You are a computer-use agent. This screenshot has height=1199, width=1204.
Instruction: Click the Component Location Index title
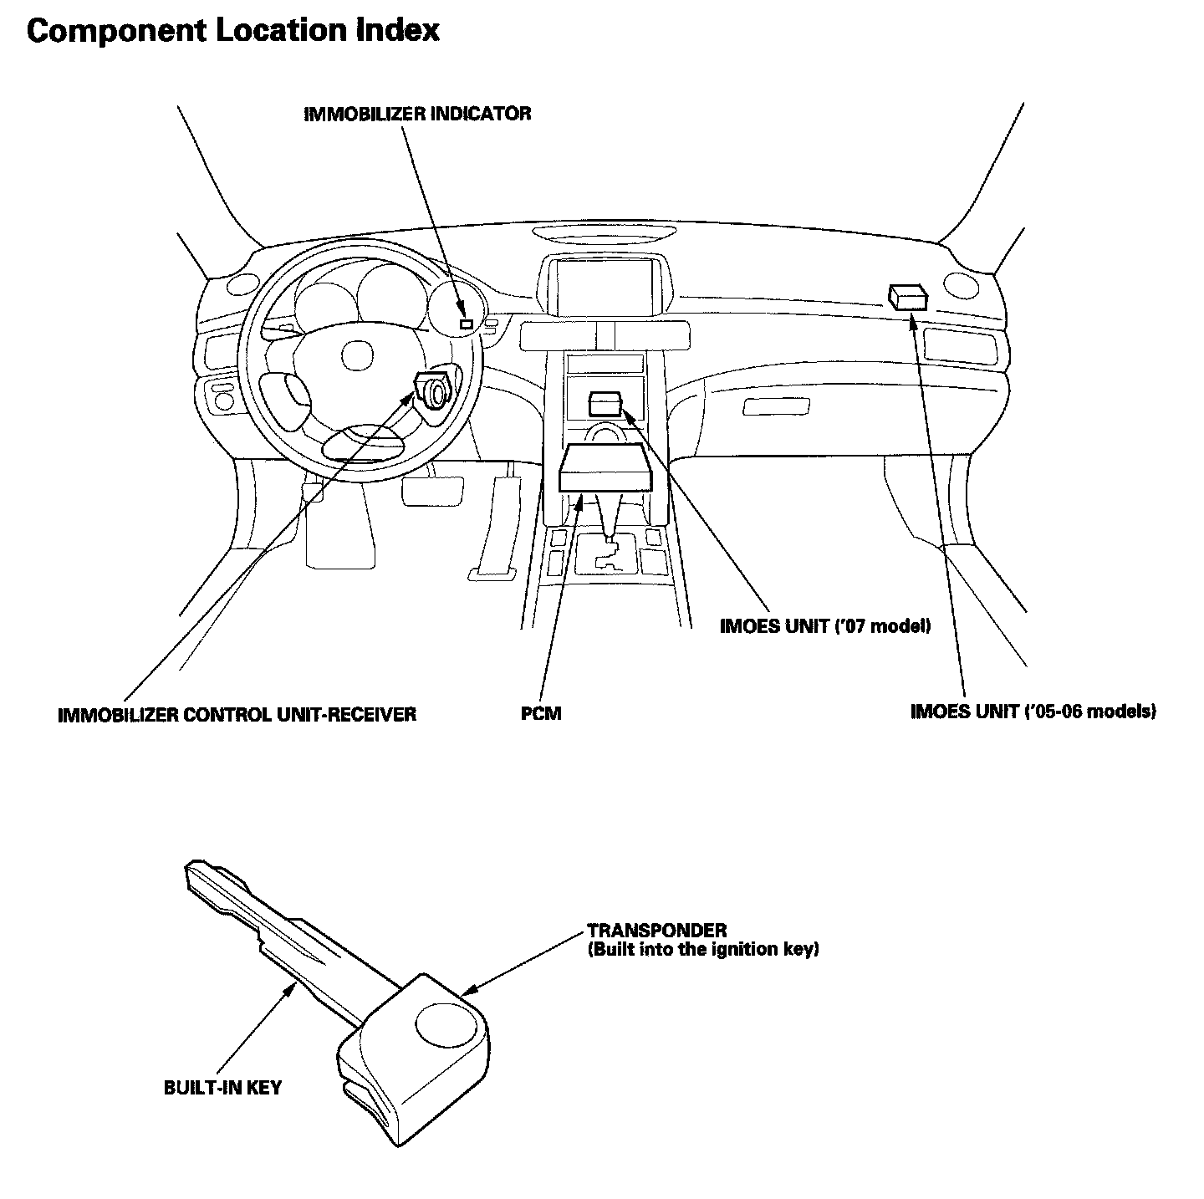233,31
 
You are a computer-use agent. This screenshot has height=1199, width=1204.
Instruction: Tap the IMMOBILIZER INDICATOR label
417,114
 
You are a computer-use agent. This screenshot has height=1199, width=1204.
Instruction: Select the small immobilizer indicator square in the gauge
467,323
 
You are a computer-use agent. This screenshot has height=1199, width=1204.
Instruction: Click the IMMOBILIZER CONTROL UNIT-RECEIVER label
237,715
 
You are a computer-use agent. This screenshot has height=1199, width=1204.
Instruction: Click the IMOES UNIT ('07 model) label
824,626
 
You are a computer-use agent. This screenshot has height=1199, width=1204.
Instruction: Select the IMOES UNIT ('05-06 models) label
1033,712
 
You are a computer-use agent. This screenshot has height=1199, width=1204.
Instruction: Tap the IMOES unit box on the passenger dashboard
907,296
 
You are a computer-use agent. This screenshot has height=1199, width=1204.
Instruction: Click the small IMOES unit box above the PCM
605,404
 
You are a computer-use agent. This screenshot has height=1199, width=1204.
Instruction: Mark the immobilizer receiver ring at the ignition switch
435,391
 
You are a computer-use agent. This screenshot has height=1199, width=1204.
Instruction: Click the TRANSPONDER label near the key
656,931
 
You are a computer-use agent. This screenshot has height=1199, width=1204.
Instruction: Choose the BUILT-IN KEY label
222,1088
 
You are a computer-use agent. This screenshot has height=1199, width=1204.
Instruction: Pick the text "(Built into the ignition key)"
702,950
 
